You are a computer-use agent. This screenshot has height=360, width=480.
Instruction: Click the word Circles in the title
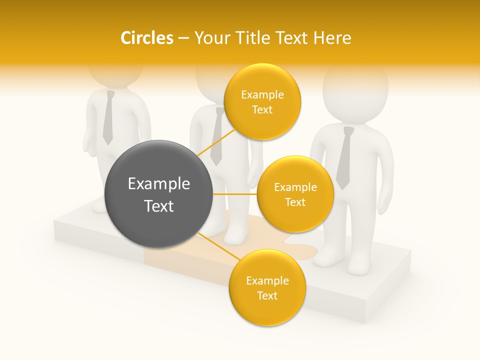point(146,38)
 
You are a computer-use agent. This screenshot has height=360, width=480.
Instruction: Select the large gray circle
point(158,194)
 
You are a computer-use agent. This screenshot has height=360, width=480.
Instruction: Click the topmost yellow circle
point(262,101)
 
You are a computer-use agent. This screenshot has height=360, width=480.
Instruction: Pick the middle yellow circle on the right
point(295,194)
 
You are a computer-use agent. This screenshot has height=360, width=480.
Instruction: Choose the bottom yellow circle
point(267,287)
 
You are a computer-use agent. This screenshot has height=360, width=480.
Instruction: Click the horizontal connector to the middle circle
point(235,194)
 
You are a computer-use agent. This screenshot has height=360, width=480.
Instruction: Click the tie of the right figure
point(344,157)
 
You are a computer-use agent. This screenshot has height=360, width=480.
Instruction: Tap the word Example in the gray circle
point(158,184)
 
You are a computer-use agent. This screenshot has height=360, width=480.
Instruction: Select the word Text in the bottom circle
point(267,295)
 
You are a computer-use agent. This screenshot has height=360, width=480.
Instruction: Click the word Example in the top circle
point(262,94)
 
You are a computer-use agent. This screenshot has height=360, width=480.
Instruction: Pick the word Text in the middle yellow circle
point(295,202)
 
